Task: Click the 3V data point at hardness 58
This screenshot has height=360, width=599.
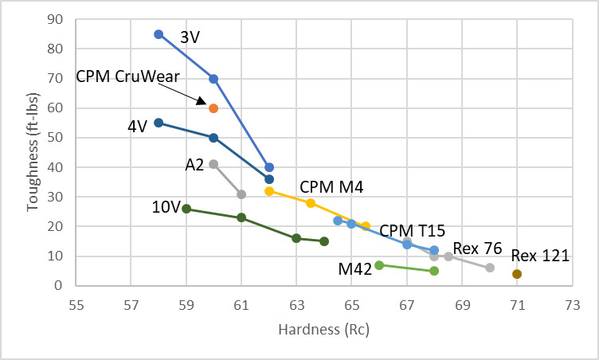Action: [x=159, y=34]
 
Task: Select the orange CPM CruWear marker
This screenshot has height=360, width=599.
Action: [x=213, y=108]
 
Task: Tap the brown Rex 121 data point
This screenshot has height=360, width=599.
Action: [x=517, y=274]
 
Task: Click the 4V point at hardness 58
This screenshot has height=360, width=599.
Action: [x=159, y=123]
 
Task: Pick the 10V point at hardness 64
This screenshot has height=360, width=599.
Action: [x=324, y=241]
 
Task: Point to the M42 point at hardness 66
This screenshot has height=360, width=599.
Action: [x=379, y=265]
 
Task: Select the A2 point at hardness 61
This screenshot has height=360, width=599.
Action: [x=241, y=194]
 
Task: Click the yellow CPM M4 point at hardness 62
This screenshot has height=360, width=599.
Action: [x=269, y=191]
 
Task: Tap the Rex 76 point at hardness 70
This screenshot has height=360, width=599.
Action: [x=490, y=268]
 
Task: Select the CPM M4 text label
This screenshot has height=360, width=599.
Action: [x=331, y=188]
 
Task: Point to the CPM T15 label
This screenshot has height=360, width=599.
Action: [x=411, y=231]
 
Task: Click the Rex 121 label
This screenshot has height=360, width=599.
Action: [x=540, y=256]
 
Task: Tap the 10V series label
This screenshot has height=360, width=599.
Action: [x=166, y=208]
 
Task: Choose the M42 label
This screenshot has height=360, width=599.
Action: [x=355, y=270]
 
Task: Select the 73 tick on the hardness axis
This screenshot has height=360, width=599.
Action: [x=572, y=303]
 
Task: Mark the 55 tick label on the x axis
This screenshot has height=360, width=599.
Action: [x=76, y=303]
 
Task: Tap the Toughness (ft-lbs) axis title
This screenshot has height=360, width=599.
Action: [x=33, y=152]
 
